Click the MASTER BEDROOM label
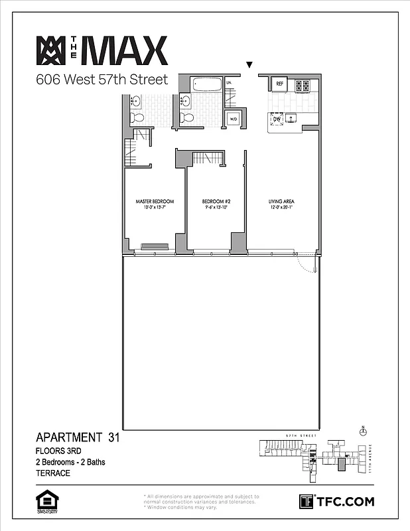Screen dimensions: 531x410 coord(155,201)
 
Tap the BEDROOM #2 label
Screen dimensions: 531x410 coord(216,201)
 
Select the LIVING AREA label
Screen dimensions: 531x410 coord(281,201)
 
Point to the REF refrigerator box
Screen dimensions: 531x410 coord(279,84)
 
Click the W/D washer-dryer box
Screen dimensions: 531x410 coord(233,119)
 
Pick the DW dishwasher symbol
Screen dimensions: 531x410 coord(277,119)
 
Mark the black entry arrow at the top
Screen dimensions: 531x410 coord(249,65)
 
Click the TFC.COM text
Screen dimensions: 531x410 coord(344,501)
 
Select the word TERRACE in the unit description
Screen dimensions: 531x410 coord(53,474)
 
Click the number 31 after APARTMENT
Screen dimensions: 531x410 coord(113,437)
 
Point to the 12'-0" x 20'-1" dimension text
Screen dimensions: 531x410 coord(281,208)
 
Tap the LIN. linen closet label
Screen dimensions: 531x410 coord(229,82)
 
